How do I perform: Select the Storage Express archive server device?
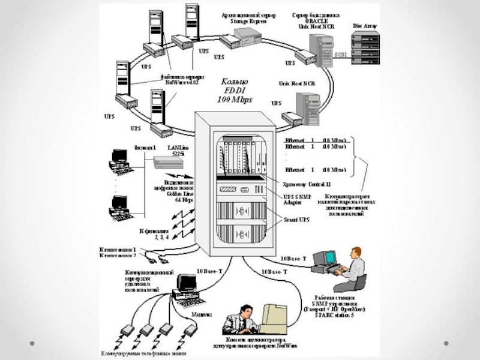pyautogui.click(x=239, y=38)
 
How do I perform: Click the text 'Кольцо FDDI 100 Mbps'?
pyautogui.click(x=232, y=89)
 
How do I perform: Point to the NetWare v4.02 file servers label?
pyautogui.click(x=183, y=80)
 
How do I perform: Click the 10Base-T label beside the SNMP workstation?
pyautogui.click(x=293, y=259)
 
